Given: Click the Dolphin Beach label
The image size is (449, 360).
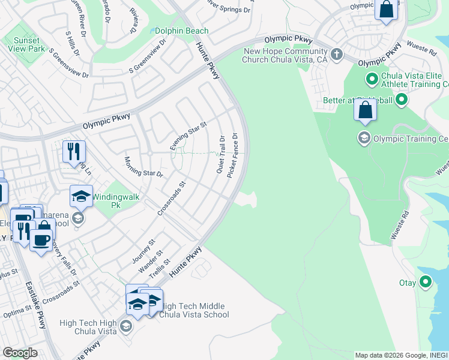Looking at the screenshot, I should point(181,31).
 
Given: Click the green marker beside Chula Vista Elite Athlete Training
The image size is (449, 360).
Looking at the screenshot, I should point(371,79).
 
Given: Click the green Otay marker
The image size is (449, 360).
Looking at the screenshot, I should point(426,281).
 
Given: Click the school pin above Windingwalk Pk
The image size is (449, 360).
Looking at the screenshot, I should point(81,196).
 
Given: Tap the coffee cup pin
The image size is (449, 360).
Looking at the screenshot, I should point(41,241).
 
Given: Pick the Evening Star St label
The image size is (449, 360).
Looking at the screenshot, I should point(188,136).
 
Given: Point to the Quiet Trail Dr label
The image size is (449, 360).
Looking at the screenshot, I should point(221,155).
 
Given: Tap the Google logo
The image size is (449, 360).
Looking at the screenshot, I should point(20,353).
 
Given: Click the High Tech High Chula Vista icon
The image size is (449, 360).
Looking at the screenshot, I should point(126,326).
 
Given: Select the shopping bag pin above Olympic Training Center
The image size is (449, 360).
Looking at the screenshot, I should point(365,110).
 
